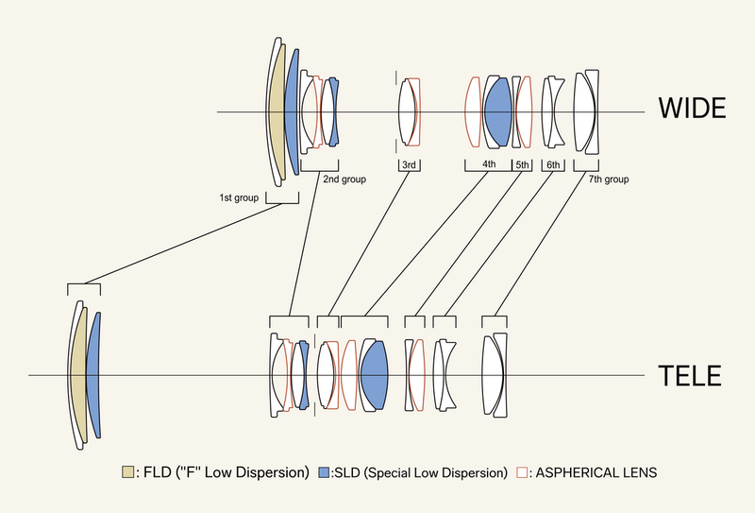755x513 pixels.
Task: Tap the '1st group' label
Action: point(239,197)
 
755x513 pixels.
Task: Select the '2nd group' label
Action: point(344,178)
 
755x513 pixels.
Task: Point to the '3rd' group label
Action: point(410,165)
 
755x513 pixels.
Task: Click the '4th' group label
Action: point(489,165)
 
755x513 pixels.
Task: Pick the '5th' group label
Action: point(523,165)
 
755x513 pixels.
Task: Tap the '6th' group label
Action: point(553,165)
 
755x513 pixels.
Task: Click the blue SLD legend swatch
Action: point(324,470)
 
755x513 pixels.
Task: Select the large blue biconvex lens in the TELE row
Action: point(375,375)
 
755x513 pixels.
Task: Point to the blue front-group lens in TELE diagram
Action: point(93,376)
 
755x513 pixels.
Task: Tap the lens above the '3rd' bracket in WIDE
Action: point(408,112)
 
